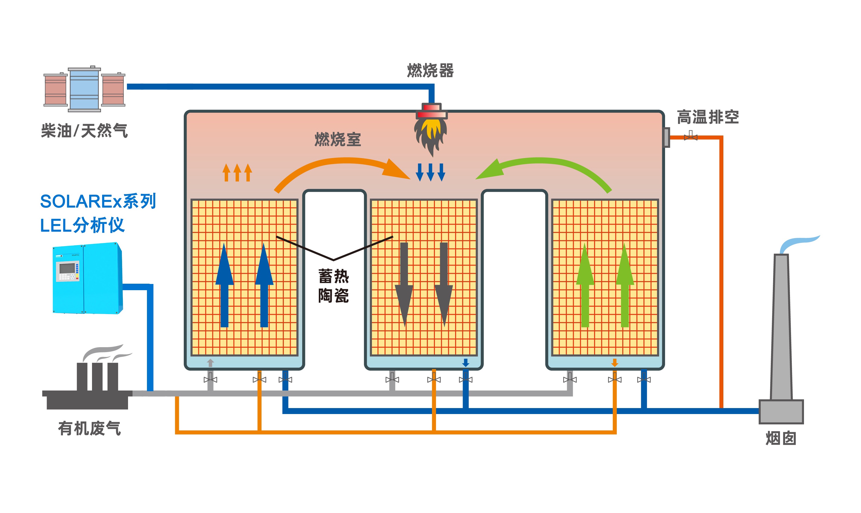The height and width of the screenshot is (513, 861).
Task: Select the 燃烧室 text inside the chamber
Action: [337, 139]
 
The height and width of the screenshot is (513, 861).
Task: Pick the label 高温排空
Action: [708, 117]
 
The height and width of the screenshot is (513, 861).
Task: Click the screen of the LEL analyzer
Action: [67, 268]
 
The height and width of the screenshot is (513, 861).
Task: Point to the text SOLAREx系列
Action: [98, 201]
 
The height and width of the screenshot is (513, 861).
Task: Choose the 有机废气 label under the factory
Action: [89, 429]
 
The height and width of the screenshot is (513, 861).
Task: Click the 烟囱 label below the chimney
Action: [781, 438]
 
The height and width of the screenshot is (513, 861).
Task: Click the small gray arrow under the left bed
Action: [210, 363]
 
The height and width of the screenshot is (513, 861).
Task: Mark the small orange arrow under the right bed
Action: [615, 363]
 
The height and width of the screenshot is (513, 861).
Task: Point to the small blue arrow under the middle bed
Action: [465, 363]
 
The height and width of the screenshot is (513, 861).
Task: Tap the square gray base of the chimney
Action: [781, 411]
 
